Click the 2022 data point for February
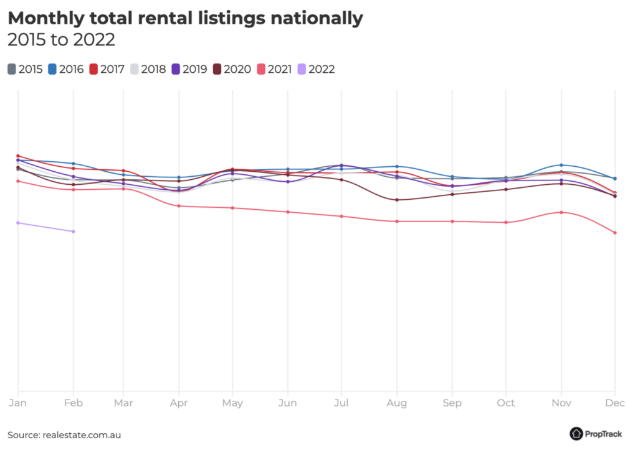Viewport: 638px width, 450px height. (74, 232)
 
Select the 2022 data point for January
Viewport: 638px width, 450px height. (18, 223)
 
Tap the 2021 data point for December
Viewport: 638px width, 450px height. (615, 233)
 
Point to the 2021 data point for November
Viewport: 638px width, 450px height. (561, 212)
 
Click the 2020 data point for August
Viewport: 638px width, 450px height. (397, 200)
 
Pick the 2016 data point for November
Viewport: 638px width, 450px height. (561, 165)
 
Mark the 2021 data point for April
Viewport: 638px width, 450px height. (179, 206)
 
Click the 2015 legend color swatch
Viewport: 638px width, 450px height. (12, 69)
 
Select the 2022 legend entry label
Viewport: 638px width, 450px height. (321, 69)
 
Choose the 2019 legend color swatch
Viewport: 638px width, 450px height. (176, 69)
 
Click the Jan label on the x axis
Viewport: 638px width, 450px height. (18, 403)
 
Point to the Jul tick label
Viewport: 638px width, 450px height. (341, 403)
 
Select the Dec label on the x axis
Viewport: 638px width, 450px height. (615, 403)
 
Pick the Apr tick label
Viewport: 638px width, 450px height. (179, 403)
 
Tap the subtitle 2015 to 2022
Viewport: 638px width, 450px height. (61, 40)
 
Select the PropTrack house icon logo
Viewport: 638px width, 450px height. (576, 434)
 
